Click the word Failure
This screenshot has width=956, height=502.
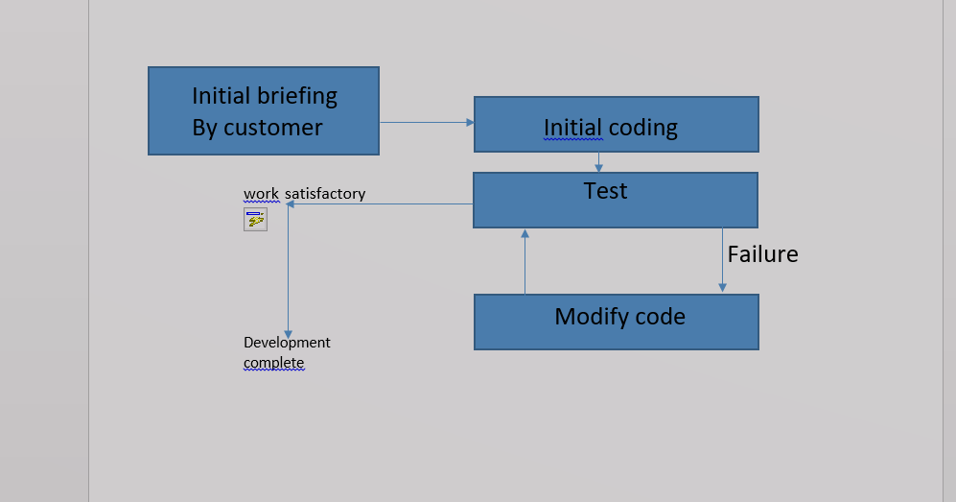[762, 254]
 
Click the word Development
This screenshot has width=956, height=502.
[287, 343]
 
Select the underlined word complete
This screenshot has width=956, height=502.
[273, 363]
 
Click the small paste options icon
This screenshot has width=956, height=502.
[255, 221]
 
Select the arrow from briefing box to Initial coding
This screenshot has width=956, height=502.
[426, 122]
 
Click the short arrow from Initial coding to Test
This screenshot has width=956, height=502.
[599, 162]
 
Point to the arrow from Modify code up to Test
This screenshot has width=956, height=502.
[525, 261]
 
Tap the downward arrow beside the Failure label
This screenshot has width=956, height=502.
[722, 259]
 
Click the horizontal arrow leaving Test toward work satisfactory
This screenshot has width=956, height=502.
[384, 203]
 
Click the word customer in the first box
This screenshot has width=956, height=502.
[273, 128]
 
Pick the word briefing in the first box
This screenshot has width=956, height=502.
[296, 96]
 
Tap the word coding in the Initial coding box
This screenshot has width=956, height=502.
[643, 128]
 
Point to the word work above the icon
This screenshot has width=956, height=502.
[261, 194]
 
